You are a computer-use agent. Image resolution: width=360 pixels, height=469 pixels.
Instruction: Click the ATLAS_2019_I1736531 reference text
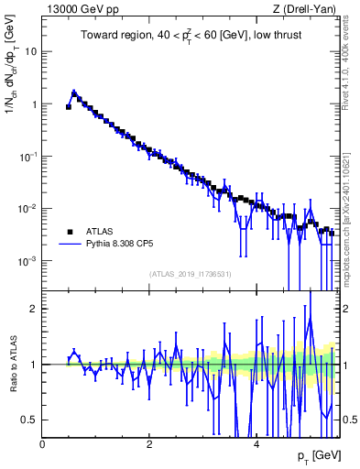(191, 274)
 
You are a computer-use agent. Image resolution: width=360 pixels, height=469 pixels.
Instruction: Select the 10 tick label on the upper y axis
(29, 51)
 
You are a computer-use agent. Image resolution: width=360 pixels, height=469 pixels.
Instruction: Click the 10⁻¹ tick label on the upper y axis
(27, 157)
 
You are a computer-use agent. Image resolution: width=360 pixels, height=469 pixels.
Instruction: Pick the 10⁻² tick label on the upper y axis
(27, 209)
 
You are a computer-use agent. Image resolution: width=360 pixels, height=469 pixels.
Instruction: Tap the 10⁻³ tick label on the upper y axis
(27, 261)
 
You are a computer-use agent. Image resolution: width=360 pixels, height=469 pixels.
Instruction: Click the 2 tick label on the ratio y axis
(33, 309)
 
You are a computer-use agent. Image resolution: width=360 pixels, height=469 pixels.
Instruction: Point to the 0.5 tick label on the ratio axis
(29, 420)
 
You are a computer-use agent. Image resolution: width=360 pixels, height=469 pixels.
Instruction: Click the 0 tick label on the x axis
(42, 443)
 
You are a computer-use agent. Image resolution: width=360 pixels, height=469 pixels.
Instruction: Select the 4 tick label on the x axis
(256, 443)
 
